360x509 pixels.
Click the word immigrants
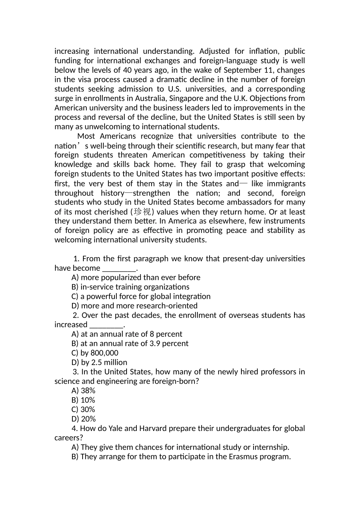point(286,184)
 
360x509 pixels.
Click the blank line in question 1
point(119,269)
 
